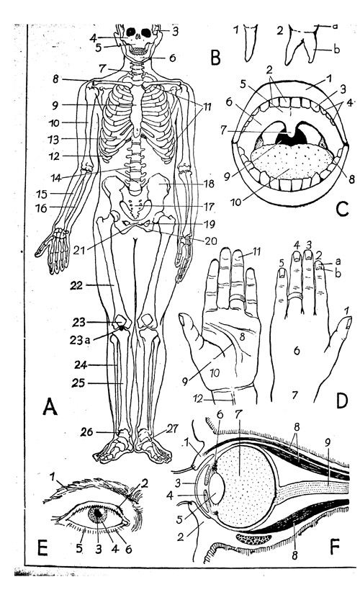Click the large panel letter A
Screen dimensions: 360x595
pos(50,406)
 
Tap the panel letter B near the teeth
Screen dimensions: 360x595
pos(215,58)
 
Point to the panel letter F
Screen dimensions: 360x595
pos(335,547)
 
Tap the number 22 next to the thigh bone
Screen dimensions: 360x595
pos(76,285)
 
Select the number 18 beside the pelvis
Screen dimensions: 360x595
pos(208,184)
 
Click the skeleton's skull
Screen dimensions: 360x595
pos(139,38)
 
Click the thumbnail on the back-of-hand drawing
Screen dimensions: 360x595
pos(348,323)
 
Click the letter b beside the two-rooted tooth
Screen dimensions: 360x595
pos(336,49)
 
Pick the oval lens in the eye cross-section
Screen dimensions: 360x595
pos(216,488)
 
